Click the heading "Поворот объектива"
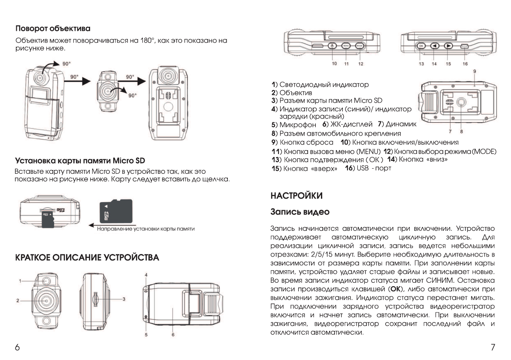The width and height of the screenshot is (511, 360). coord(53,29)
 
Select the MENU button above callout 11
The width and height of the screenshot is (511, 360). coord(347,46)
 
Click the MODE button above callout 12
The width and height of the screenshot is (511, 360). coord(360,46)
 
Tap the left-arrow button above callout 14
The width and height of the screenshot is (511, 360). coord(434,46)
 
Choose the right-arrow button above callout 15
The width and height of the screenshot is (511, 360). coord(448,46)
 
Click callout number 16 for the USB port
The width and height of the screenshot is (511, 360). coord(465,64)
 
